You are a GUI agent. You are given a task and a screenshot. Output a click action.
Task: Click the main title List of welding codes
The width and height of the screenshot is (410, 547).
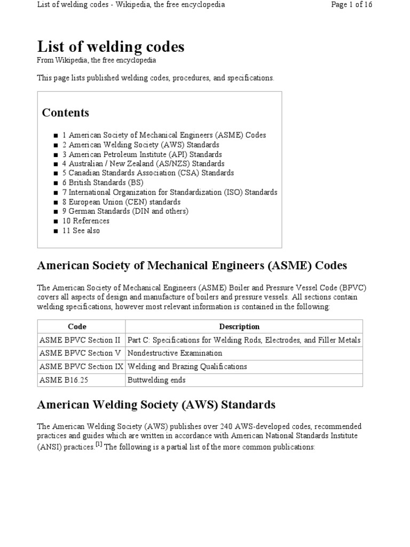click(111, 48)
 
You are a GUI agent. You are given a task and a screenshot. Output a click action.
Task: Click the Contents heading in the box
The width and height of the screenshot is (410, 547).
click(65, 113)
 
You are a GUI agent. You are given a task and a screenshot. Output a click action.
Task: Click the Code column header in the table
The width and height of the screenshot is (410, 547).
click(77, 327)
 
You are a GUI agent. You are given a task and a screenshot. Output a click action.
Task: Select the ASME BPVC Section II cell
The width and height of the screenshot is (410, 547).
click(80, 340)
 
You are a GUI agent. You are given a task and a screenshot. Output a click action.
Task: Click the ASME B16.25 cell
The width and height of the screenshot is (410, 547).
click(60, 380)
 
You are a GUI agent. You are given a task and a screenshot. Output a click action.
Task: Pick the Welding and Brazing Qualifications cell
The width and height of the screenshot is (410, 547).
click(187, 367)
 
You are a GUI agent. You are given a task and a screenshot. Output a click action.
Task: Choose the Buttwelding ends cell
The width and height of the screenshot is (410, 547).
click(156, 380)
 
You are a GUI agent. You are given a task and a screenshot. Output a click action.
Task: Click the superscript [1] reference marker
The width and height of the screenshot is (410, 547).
click(99, 444)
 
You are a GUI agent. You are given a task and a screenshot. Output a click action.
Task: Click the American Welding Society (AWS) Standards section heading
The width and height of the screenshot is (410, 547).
click(156, 405)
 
